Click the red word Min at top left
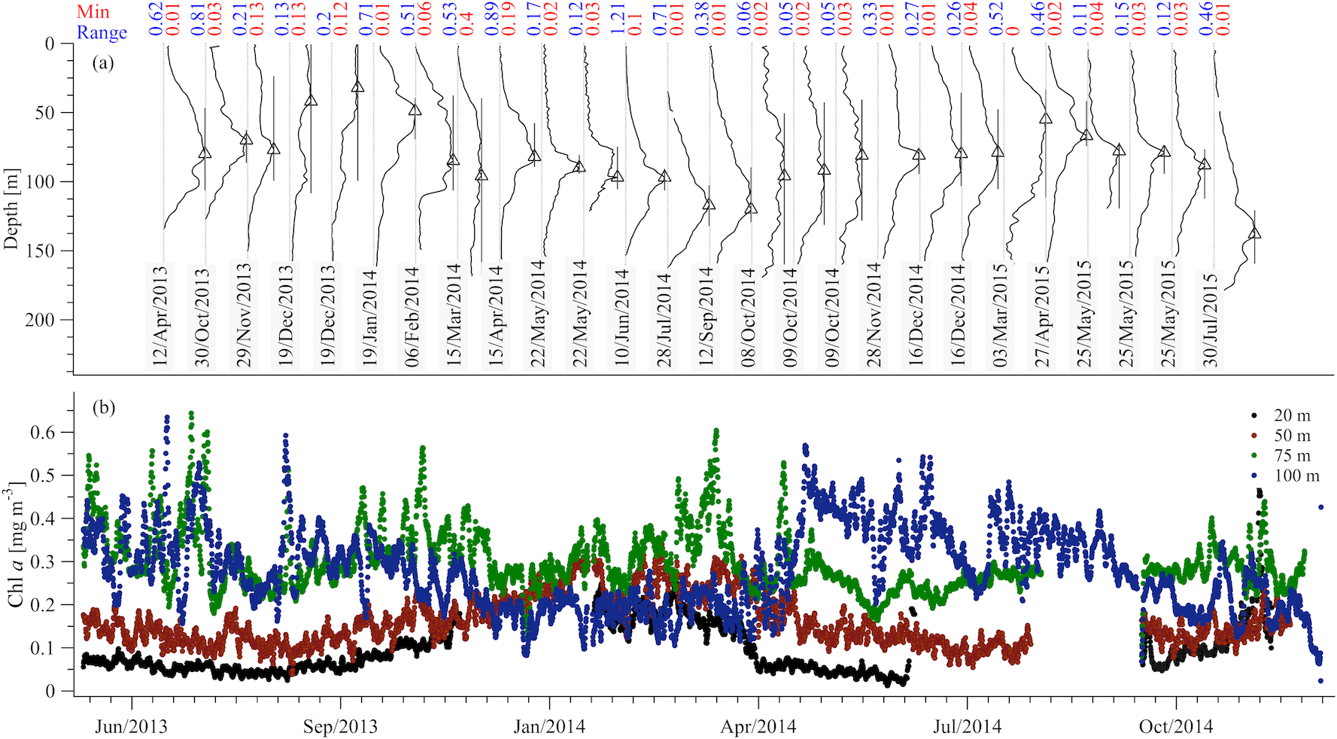[93, 12]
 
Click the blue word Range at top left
[102, 32]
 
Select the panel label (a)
[103, 63]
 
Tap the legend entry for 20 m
[1291, 415]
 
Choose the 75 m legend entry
[1291, 455]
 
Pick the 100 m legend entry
[1296, 476]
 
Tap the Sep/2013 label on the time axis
[340, 727]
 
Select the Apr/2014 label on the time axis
[758, 727]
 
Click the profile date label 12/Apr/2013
[160, 315]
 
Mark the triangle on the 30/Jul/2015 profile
[1254, 233]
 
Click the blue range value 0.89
[491, 20]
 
